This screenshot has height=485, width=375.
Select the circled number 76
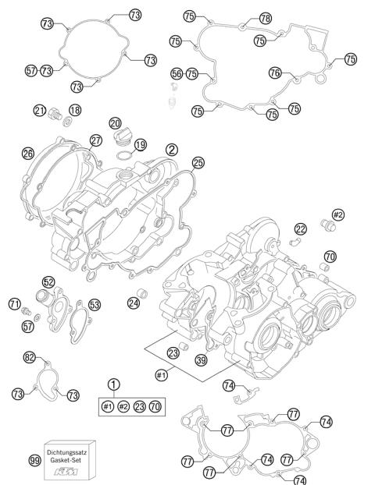(x=275, y=72)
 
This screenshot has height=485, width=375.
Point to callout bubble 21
(x=39, y=110)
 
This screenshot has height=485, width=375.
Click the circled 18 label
(x=75, y=110)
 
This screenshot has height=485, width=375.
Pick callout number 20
(x=115, y=124)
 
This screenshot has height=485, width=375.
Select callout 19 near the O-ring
(x=140, y=144)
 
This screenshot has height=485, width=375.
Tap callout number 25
(x=198, y=162)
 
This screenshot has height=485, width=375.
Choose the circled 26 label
(x=28, y=154)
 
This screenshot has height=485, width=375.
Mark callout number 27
(x=95, y=140)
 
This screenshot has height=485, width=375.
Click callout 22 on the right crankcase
(x=300, y=228)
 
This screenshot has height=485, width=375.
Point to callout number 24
(x=134, y=303)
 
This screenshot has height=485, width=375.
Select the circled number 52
(x=48, y=282)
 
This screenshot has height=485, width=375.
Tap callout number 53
(x=95, y=304)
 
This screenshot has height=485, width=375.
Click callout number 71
(x=14, y=303)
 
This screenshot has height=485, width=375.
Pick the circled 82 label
(x=30, y=357)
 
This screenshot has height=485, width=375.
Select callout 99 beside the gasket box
(x=34, y=462)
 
